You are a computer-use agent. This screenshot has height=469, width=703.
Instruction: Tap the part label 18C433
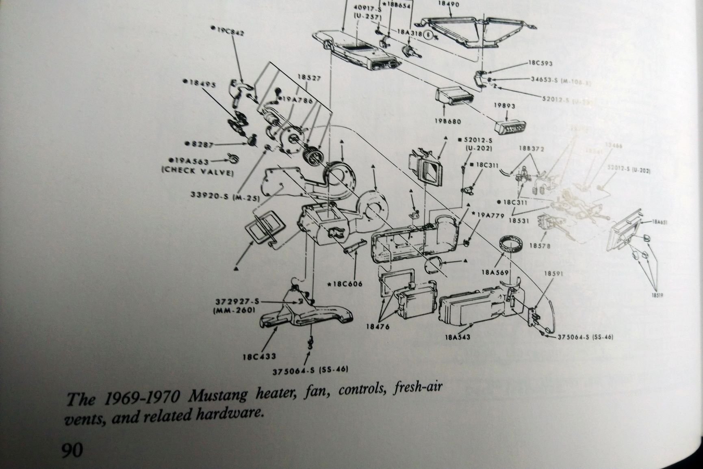click(259, 357)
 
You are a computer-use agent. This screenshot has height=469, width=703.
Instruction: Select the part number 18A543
click(458, 337)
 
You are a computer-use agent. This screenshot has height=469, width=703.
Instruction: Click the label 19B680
click(448, 121)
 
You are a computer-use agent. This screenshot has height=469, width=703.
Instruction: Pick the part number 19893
click(505, 106)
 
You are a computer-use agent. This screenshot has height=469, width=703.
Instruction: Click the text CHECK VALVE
click(198, 171)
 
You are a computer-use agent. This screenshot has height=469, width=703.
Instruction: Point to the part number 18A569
click(495, 272)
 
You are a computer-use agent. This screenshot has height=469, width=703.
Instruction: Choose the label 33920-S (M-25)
click(225, 195)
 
